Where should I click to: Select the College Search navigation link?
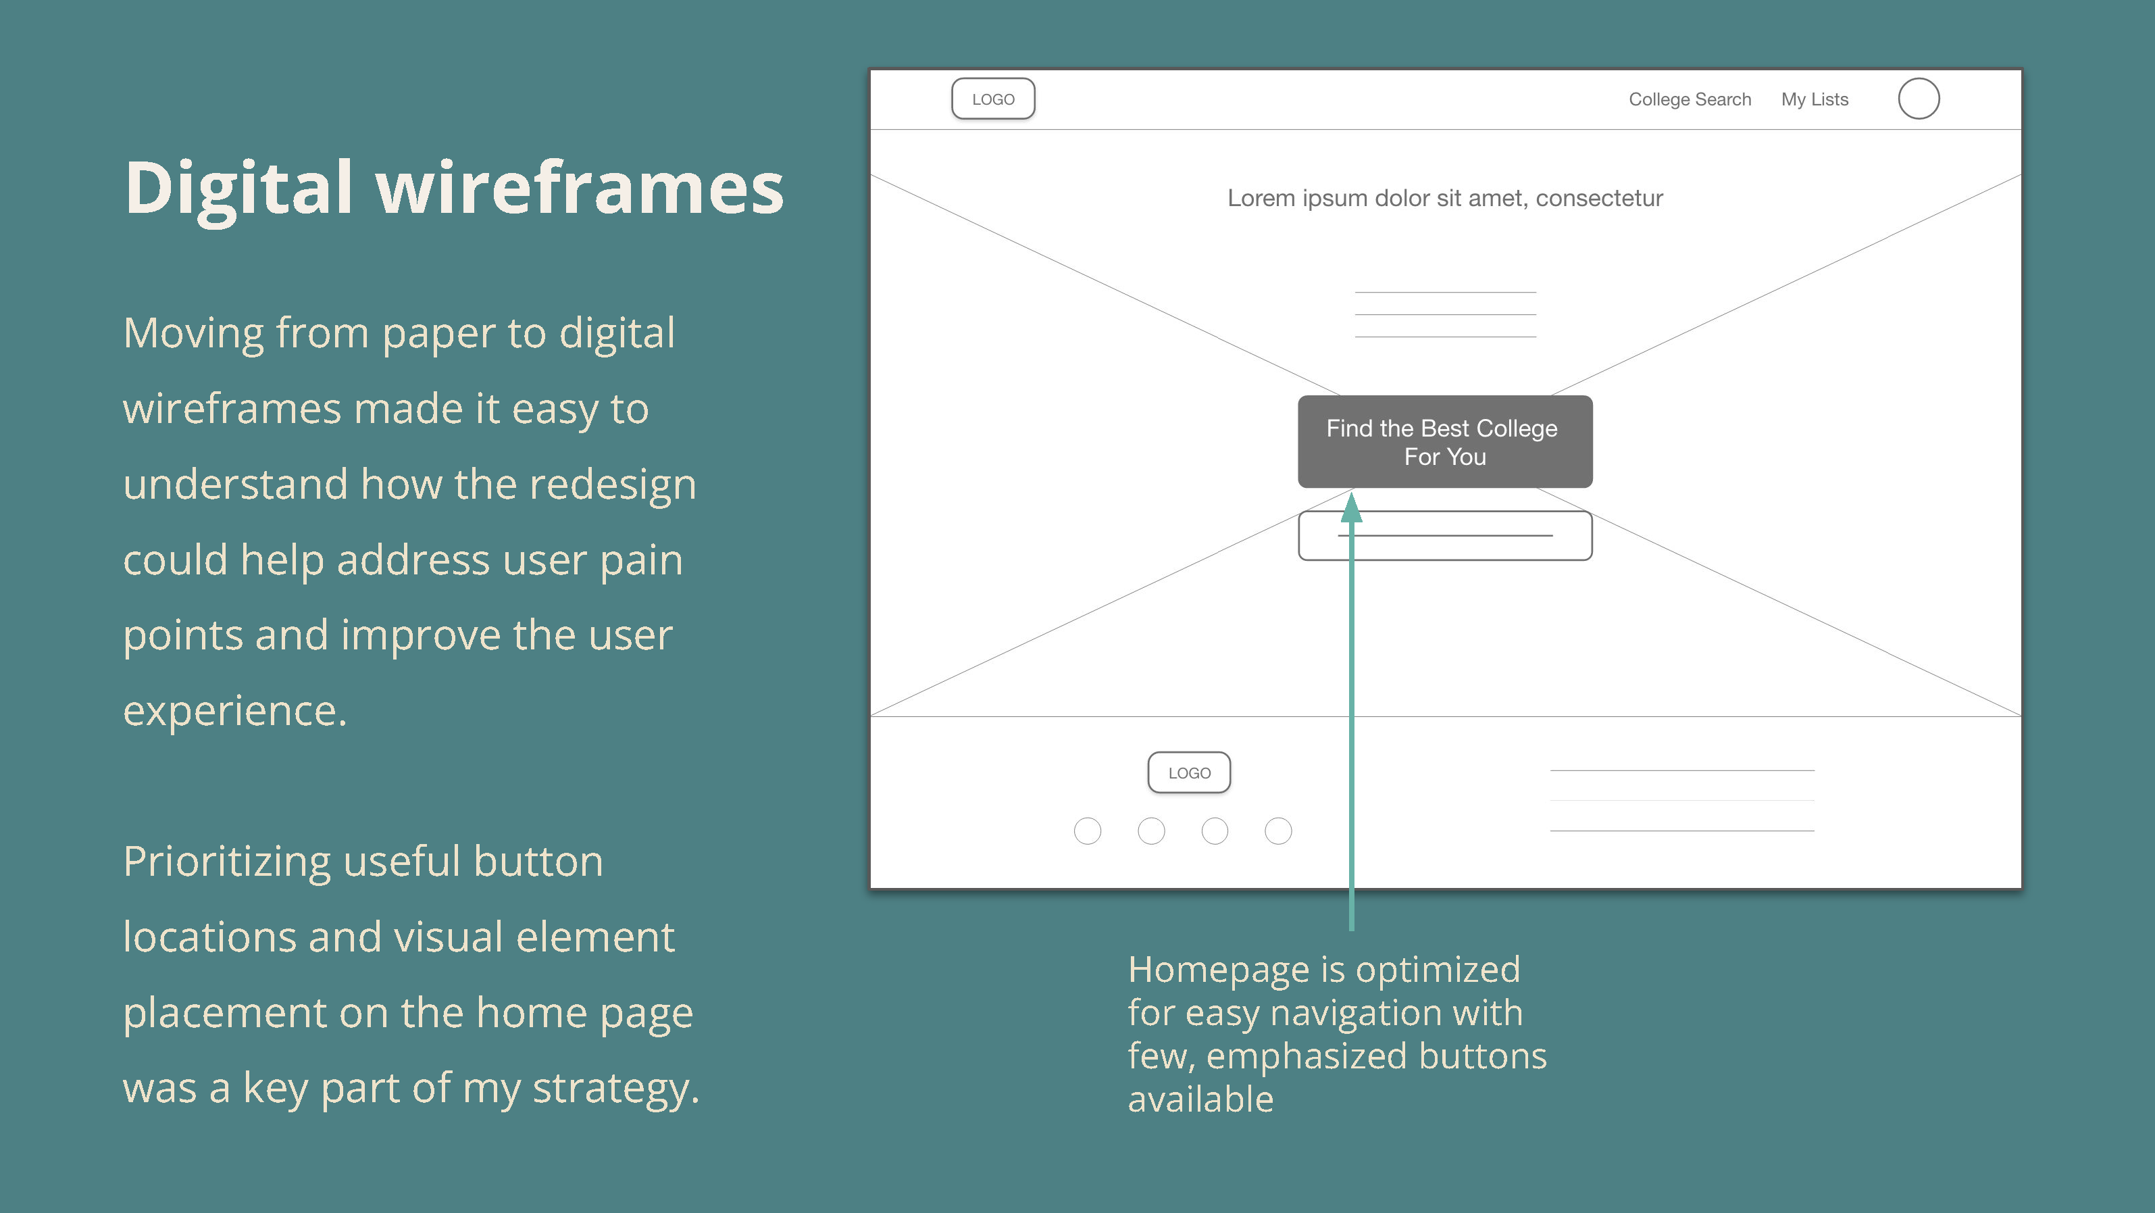pos(1690,99)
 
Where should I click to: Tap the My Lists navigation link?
pos(1815,99)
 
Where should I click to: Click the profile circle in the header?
pos(1919,78)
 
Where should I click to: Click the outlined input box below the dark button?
pos(1445,513)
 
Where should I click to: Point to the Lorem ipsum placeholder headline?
pos(1445,198)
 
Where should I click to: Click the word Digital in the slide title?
pos(239,189)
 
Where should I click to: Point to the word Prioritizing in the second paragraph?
pos(227,862)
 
